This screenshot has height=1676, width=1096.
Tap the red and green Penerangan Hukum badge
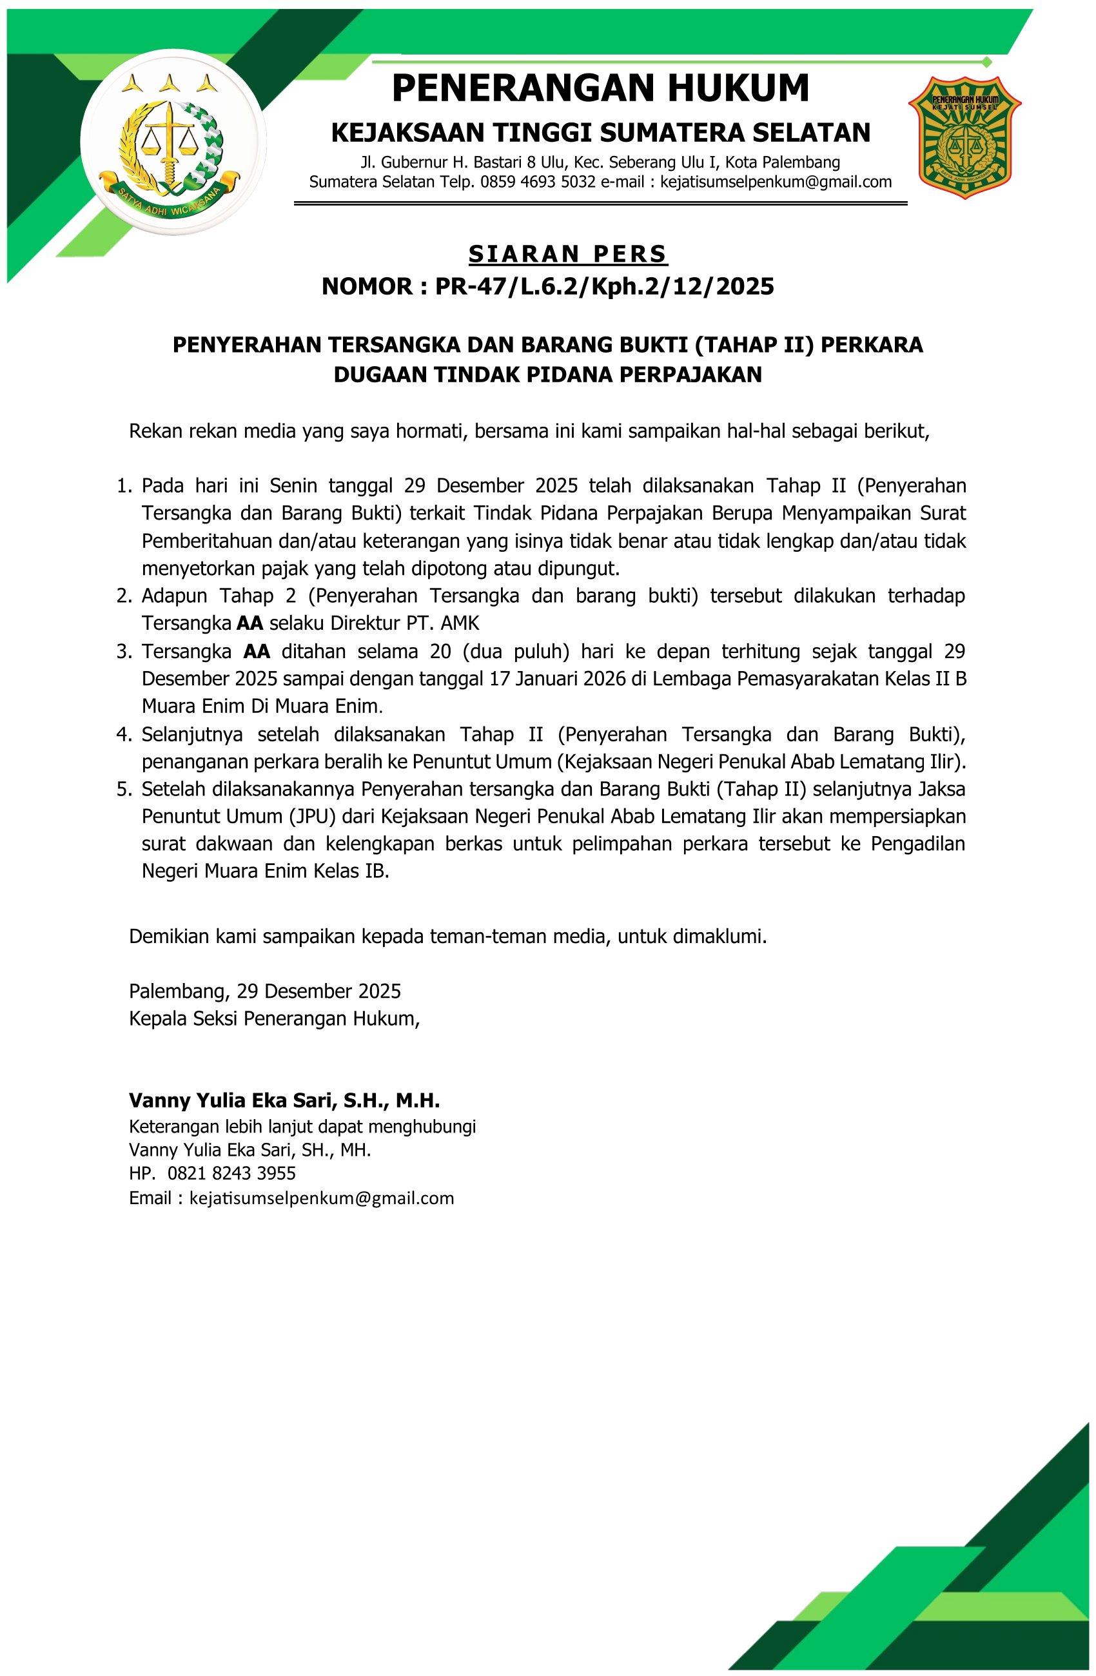tap(964, 138)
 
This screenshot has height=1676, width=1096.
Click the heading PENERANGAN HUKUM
tap(600, 89)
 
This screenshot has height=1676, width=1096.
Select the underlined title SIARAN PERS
tap(568, 253)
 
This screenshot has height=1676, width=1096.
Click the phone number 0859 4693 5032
tap(538, 182)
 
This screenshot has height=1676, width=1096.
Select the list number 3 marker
tap(124, 652)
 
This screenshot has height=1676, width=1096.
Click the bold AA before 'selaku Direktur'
tap(250, 623)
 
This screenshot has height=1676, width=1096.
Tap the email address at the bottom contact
tap(322, 1198)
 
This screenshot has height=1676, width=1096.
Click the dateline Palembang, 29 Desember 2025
tap(265, 991)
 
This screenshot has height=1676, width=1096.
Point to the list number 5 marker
tap(124, 789)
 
